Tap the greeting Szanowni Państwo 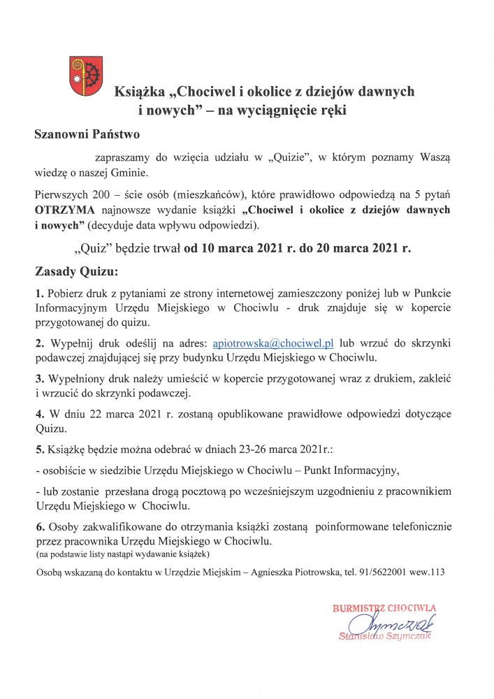pos(87,134)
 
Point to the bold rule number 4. pos(39,414)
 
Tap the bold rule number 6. pos(39,526)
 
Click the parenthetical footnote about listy pos(118,554)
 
